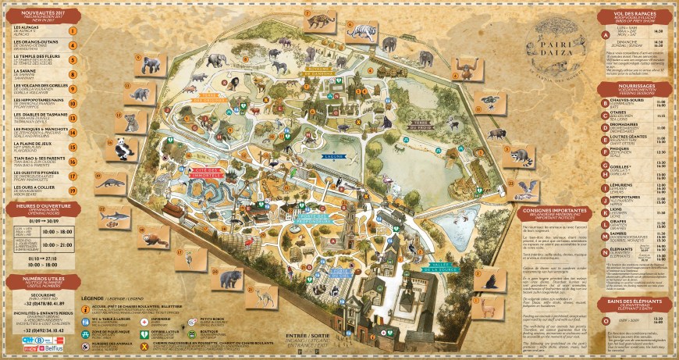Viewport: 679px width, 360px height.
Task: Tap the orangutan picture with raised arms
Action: pos(466,68)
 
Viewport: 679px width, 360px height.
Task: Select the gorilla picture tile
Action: pos(151,65)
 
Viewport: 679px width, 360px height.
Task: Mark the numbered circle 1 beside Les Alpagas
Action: pos(73,32)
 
